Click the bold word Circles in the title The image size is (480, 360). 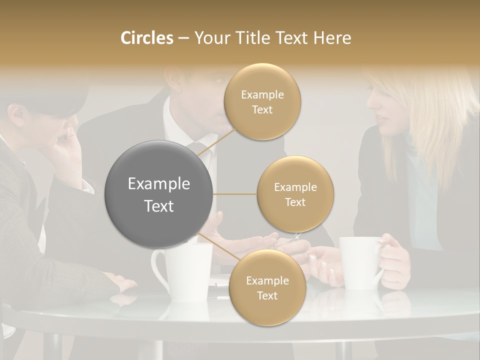(147, 38)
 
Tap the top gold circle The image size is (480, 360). (262, 101)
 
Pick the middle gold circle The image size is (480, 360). (295, 194)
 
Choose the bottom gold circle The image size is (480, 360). (267, 287)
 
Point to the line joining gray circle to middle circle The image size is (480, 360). (235, 194)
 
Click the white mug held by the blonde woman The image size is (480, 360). (359, 262)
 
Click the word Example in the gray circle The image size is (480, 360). (159, 184)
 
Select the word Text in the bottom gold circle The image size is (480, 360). (267, 295)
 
